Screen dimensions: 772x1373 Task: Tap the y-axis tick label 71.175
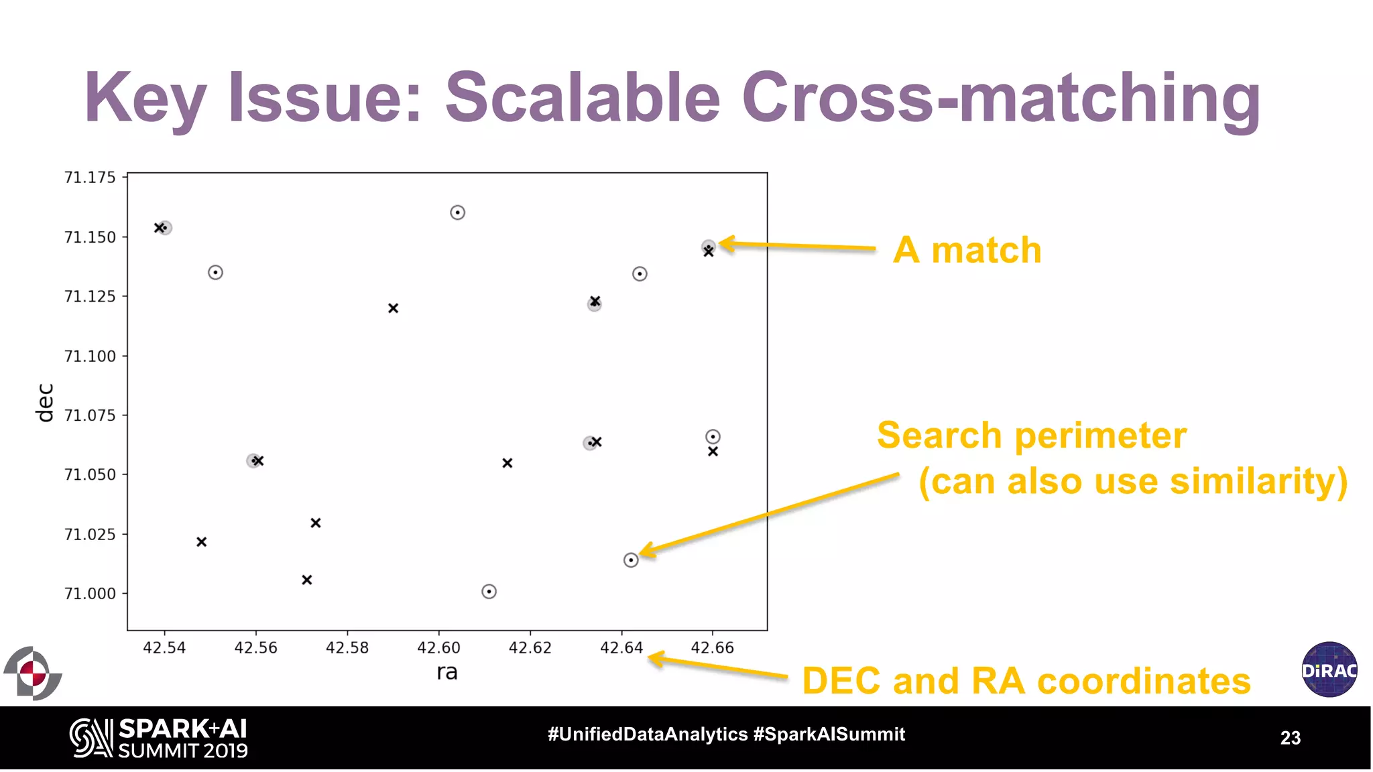tap(90, 178)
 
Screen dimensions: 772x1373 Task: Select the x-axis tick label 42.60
tap(438, 648)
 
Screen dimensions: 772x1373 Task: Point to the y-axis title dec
tap(44, 403)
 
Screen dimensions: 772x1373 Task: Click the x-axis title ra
tap(446, 672)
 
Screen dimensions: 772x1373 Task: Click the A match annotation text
tap(967, 251)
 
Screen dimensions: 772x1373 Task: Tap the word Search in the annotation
tap(939, 436)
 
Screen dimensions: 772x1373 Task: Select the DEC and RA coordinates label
tap(1026, 682)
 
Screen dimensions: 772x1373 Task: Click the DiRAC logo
tap(1329, 669)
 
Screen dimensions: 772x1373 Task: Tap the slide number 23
tap(1290, 738)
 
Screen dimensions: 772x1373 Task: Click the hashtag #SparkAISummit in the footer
tap(829, 734)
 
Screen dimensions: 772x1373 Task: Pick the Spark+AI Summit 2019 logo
tap(159, 738)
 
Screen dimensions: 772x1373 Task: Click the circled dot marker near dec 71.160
tap(457, 213)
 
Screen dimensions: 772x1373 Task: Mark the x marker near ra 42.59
tap(394, 308)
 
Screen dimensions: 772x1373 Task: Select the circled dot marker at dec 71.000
tap(489, 592)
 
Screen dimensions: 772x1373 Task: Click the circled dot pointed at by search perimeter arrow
tap(631, 560)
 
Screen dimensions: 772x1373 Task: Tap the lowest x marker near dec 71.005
tap(307, 580)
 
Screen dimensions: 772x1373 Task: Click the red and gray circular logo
tap(32, 673)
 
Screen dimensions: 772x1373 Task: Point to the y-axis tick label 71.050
tap(90, 475)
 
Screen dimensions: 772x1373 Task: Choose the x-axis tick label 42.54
tap(164, 648)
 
